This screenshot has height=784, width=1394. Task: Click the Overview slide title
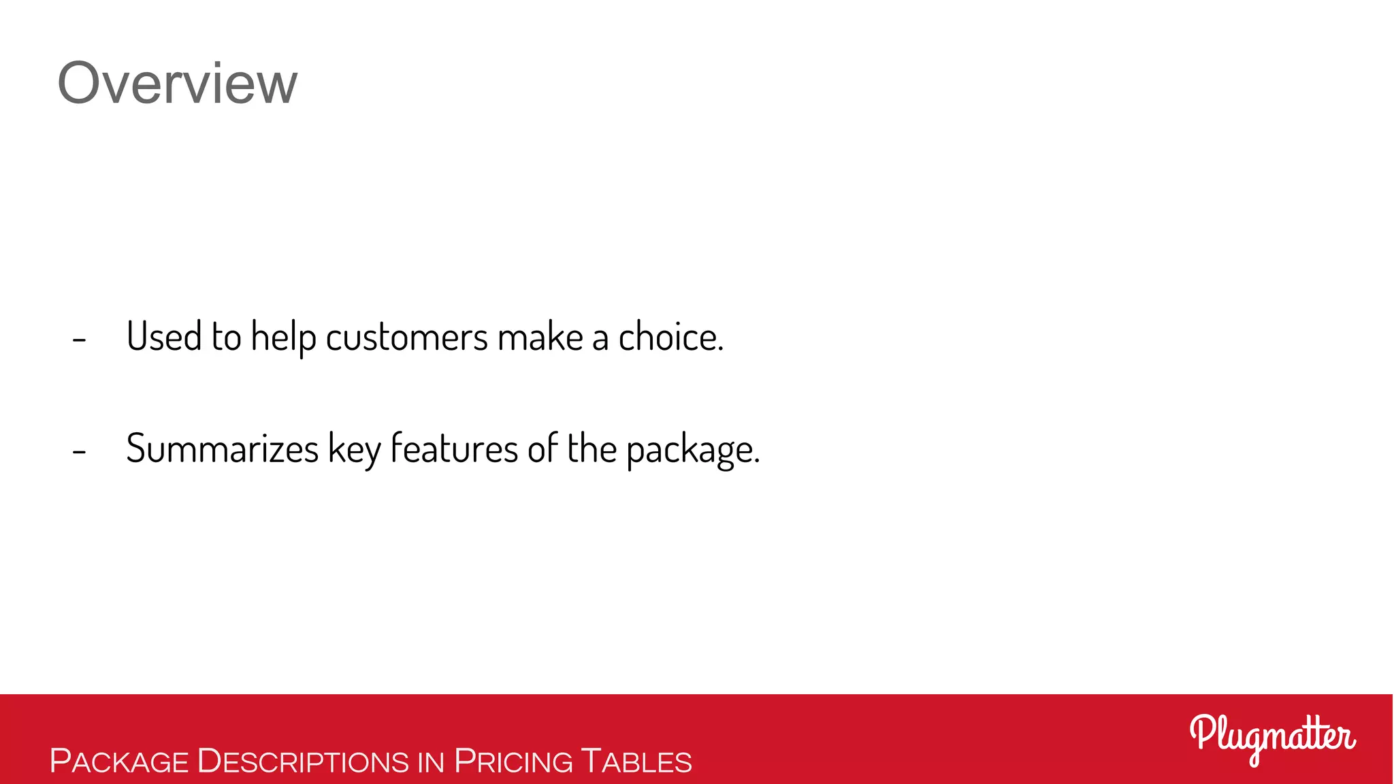177,83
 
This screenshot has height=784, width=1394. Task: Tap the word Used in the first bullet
164,336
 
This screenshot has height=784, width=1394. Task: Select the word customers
406,338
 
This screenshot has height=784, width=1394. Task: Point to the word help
283,338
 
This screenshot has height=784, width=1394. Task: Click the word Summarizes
222,448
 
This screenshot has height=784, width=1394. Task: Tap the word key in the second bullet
354,450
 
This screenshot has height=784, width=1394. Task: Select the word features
454,448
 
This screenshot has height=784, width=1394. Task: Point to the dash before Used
79,338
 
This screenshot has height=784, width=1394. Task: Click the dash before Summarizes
79,451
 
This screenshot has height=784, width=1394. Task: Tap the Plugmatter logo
1272,738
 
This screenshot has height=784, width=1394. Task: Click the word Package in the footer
119,761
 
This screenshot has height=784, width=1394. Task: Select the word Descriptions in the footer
303,761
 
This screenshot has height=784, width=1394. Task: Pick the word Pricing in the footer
514,761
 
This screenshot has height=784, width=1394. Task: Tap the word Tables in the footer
636,761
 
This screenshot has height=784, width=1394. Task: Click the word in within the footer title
431,762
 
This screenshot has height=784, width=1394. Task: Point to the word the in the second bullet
591,448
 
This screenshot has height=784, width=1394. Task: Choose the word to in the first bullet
226,336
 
